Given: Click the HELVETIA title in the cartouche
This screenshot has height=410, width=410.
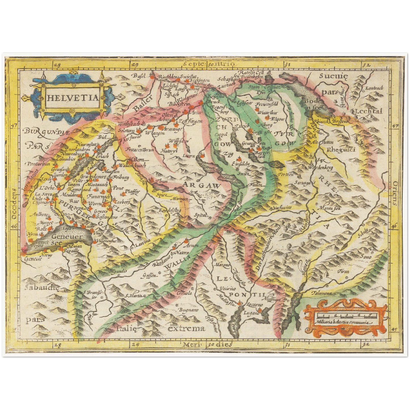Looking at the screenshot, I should click(72, 98).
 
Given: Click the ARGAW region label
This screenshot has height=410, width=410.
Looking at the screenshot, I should click(201, 186).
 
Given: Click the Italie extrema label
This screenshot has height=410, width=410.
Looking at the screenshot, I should click(161, 329).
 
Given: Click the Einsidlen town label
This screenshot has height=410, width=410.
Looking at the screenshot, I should click(240, 164).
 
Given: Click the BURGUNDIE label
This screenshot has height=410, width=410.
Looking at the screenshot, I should click(46, 131).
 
